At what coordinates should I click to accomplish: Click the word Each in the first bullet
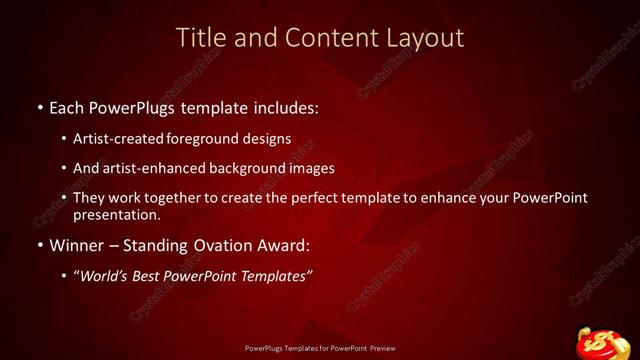[69, 105]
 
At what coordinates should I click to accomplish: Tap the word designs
[266, 139]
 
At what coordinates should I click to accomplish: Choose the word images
[311, 168]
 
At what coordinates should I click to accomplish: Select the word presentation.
[116, 214]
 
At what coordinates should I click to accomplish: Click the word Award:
[285, 245]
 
